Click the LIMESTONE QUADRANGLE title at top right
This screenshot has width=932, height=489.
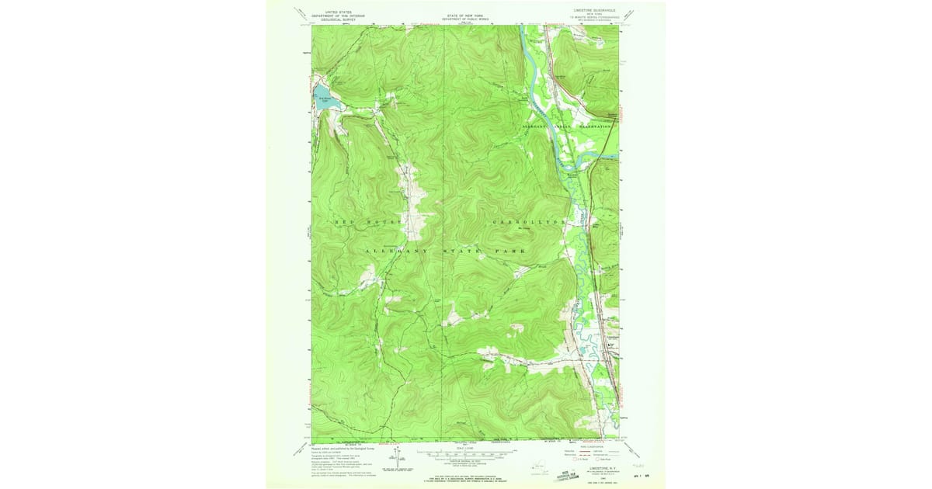[x=595, y=11]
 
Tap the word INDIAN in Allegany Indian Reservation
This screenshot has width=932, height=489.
[x=562, y=126]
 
